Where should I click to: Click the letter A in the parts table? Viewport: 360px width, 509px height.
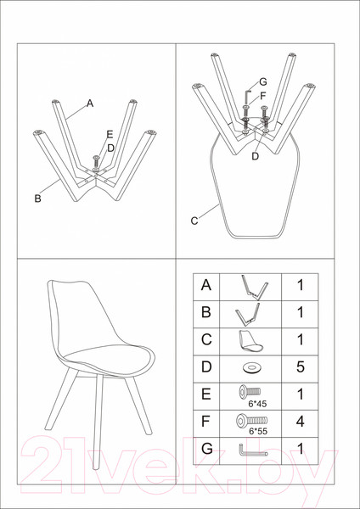pos(206,286)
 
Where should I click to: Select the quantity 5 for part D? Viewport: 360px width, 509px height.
pos(301,366)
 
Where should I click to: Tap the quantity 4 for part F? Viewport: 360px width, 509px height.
pos(301,422)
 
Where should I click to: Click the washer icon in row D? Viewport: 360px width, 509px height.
pos(252,368)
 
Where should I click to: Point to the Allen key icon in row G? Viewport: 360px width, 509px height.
pos(252,450)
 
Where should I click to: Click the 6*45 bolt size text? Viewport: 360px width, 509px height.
pos(257,404)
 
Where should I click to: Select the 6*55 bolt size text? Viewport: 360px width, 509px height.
pos(258,432)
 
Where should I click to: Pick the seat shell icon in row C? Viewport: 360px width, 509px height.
pos(251,342)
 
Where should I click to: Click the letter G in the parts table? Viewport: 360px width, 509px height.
pos(206,449)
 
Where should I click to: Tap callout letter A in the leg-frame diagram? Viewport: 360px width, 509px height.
pos(90,103)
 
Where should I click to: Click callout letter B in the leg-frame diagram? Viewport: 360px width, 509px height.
pos(38,199)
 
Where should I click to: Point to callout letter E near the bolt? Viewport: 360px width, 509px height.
pos(110,134)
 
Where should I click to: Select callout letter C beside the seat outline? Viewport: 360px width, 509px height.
pos(194,221)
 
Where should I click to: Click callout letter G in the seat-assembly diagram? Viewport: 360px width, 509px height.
pos(263,82)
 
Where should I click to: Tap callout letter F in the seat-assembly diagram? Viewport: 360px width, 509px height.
pos(263,97)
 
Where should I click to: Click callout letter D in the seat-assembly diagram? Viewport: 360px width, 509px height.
pos(256,156)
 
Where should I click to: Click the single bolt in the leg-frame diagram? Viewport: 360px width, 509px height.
pos(96,161)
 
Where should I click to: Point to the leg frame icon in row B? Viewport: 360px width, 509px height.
pos(249,314)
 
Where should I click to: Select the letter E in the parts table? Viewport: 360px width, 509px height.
pos(206,394)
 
